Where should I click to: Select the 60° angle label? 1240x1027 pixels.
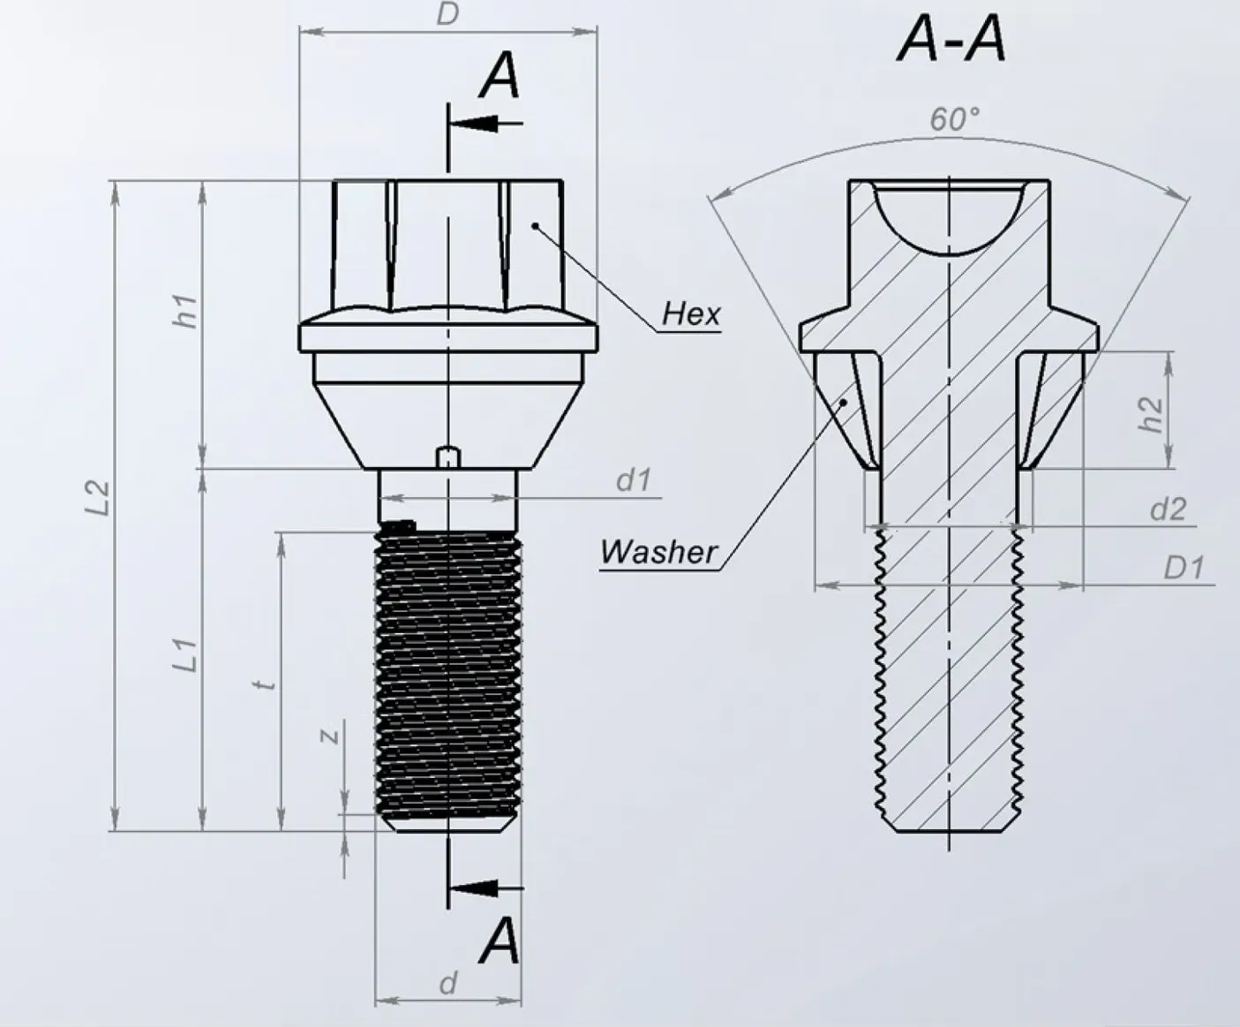[x=954, y=119]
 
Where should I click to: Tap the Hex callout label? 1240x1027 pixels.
[x=691, y=313]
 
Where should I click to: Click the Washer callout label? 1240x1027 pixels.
[x=658, y=552]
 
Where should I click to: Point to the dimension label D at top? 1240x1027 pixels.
[x=448, y=14]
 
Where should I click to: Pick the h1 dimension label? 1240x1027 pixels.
[x=186, y=312]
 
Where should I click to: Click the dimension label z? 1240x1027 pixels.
[x=329, y=735]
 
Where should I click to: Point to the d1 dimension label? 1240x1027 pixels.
[x=633, y=480]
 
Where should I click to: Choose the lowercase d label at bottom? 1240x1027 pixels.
[x=448, y=983]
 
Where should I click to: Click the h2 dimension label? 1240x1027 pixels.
[x=1150, y=413]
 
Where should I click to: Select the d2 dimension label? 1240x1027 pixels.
[x=1168, y=510]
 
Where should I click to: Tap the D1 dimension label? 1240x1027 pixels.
[x=1183, y=568]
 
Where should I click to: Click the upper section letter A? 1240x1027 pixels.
[x=500, y=76]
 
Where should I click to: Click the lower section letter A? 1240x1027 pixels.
[x=500, y=941]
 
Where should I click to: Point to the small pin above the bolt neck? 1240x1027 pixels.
[x=449, y=457]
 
